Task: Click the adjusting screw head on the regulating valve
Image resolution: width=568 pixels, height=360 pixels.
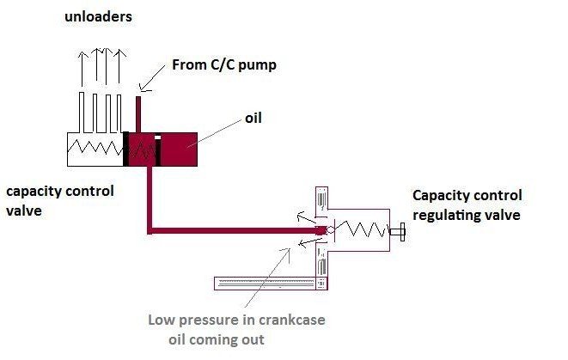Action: (401, 230)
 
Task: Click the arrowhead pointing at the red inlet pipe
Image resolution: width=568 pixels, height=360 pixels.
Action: (144, 86)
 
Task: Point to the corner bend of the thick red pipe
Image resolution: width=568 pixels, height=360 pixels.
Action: (150, 229)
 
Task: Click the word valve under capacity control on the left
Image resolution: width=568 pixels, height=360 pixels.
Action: (22, 209)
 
